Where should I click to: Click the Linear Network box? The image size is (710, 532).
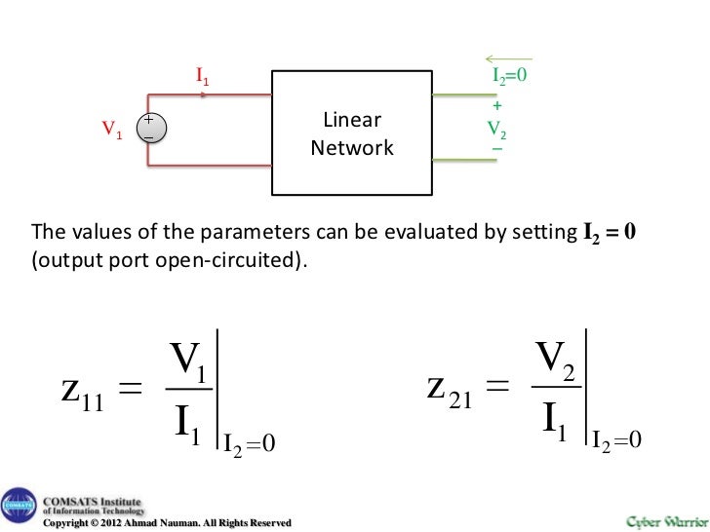[x=352, y=134]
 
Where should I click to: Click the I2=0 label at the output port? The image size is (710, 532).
[x=510, y=74]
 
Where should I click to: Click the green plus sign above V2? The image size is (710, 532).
[x=497, y=105]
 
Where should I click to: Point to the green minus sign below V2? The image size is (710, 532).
[x=497, y=149]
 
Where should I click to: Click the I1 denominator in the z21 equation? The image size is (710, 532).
[x=554, y=422]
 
